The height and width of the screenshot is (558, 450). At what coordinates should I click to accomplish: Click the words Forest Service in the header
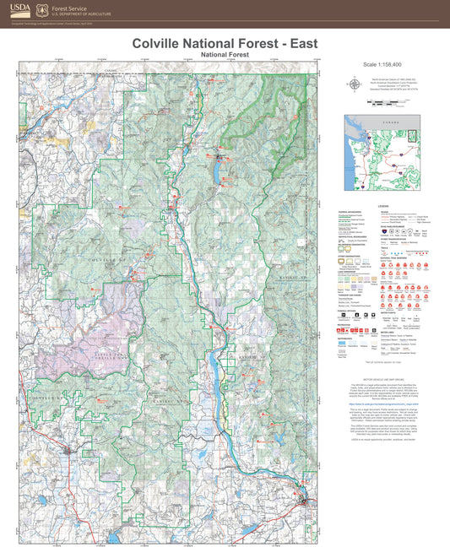(x=71, y=7)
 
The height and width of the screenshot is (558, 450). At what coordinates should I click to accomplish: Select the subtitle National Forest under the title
(x=225, y=54)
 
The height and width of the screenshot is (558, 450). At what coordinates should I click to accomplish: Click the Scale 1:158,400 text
(x=382, y=64)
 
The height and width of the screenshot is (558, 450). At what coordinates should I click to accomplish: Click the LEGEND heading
(x=382, y=204)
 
